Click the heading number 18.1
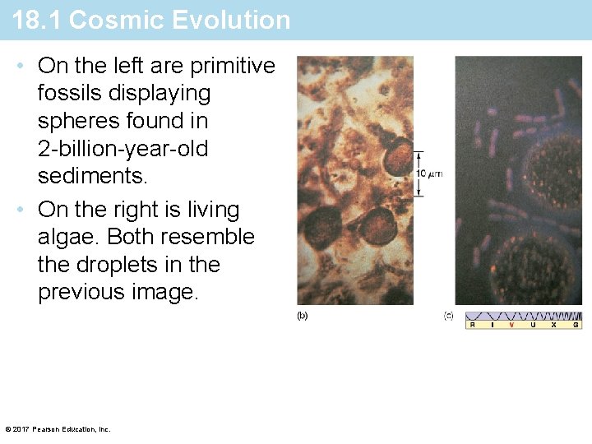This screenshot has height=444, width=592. (37, 20)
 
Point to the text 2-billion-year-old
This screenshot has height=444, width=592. (123, 149)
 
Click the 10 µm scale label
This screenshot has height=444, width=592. (430, 173)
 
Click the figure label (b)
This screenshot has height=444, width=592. (302, 316)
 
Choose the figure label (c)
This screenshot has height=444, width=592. (449, 316)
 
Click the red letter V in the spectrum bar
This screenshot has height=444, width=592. (511, 325)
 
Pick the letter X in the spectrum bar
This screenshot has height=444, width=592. (553, 325)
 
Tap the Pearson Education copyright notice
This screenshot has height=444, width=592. (57, 429)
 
